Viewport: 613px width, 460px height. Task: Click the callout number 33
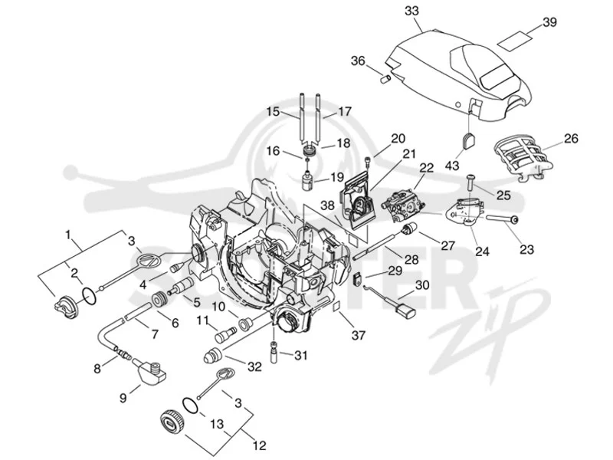point(411,11)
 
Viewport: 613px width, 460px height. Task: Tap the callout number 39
point(550,22)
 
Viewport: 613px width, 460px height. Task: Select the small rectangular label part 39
point(516,40)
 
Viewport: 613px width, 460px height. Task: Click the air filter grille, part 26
point(523,157)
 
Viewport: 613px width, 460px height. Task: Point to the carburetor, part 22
point(404,203)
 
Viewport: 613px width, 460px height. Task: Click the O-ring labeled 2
point(90,296)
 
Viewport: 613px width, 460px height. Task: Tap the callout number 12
point(260,445)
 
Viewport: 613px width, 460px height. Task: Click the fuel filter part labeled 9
point(150,371)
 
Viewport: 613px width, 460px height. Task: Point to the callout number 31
point(300,355)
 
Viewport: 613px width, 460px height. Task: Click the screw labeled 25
point(470,182)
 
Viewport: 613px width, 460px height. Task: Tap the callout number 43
point(452,165)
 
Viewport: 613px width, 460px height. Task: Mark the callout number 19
point(336,177)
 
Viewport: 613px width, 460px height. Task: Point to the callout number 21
point(409,154)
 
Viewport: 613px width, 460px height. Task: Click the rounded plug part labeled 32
point(212,355)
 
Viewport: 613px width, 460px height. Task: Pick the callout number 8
point(97,368)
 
